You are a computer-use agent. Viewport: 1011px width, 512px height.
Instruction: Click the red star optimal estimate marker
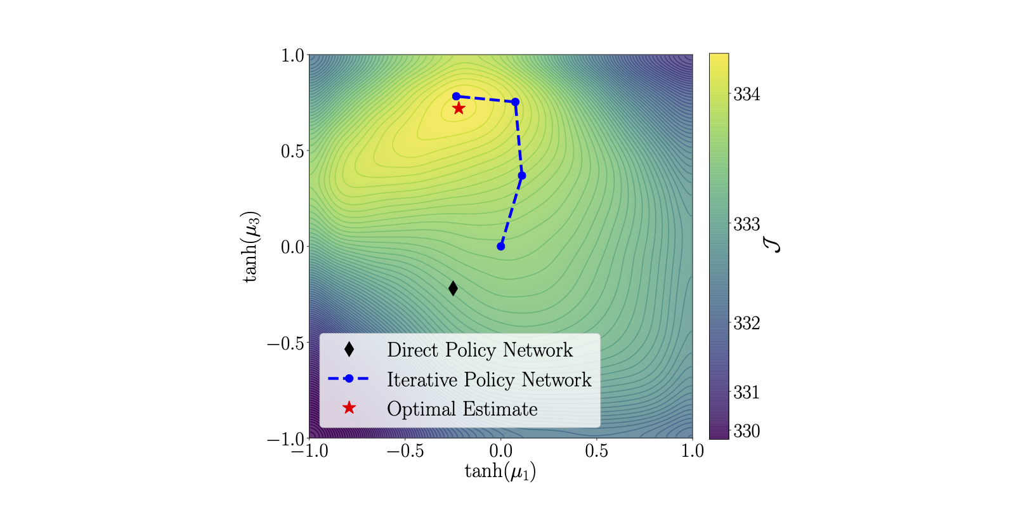459,108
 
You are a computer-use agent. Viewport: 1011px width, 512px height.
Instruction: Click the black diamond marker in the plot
453,288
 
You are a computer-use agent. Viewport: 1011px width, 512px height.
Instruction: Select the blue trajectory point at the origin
501,246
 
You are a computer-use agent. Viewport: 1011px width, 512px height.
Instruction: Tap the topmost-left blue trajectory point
456,96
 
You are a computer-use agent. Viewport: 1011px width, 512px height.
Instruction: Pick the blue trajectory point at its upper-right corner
516,102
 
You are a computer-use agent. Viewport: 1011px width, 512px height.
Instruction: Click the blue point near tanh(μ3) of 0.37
522,176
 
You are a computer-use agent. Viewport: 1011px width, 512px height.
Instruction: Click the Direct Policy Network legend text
479,350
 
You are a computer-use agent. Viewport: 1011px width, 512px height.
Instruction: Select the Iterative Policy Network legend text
488,379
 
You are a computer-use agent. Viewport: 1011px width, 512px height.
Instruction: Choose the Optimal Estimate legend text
462,409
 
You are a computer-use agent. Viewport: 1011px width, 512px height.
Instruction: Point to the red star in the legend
349,408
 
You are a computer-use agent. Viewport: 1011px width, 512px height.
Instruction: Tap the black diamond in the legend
349,349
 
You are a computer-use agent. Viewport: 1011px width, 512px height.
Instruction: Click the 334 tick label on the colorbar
747,95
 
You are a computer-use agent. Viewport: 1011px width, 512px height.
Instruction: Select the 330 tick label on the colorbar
747,431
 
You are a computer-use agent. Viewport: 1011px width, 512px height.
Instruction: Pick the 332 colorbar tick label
747,324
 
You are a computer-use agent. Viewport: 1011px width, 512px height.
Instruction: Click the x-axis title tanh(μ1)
500,471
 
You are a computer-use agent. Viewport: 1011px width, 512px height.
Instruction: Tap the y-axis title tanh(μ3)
251,246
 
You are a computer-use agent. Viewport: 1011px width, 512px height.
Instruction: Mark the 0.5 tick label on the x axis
596,451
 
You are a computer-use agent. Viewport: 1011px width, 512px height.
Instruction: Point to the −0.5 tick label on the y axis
285,343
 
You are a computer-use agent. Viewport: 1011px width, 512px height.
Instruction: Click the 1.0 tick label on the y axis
292,55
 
